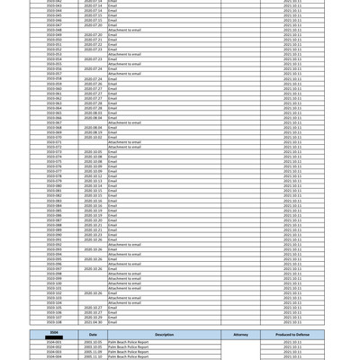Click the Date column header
93,335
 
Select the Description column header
165,335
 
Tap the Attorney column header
240,335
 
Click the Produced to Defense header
292,335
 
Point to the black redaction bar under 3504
54,337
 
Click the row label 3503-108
54,322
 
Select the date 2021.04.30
93,322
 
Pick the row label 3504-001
54,342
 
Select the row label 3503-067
54,122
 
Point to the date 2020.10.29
93,317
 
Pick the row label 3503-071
54,142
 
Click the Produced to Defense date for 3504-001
292,342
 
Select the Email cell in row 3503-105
112,308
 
